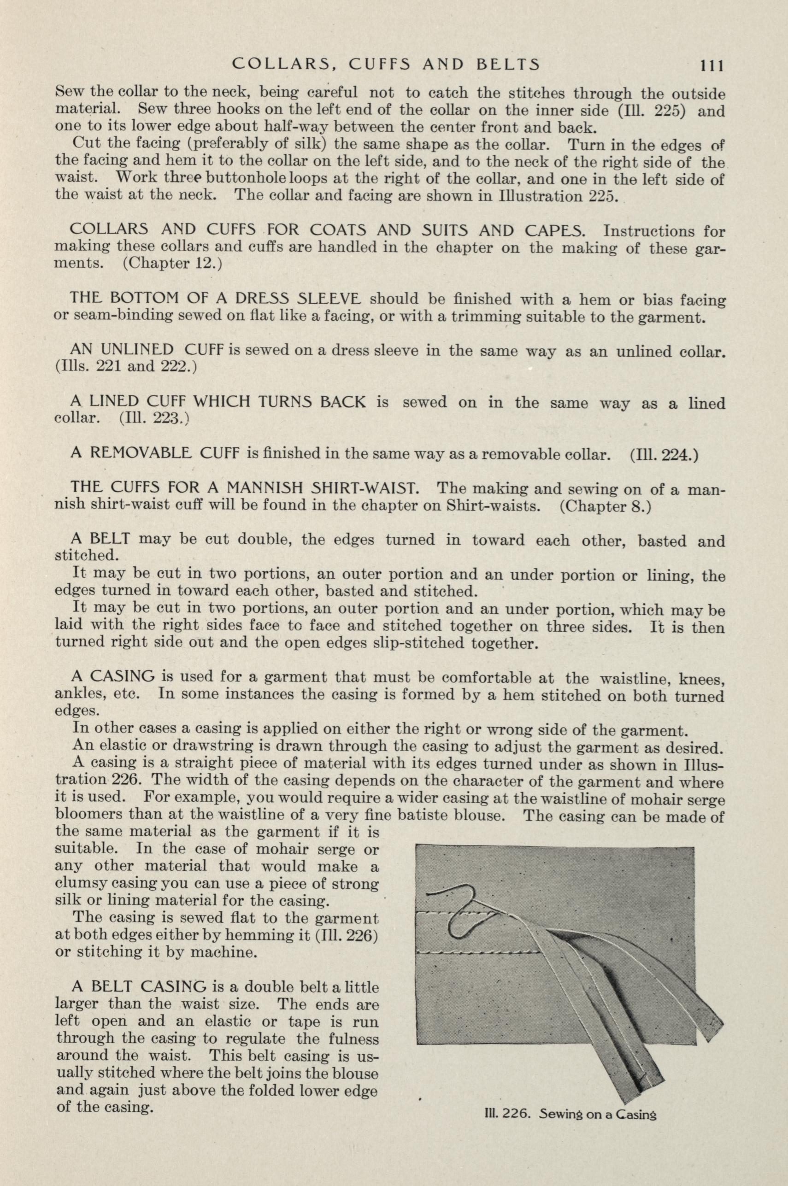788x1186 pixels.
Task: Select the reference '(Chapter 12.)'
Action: pyautogui.click(x=172, y=264)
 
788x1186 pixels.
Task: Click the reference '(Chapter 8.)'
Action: pyautogui.click(x=605, y=506)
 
